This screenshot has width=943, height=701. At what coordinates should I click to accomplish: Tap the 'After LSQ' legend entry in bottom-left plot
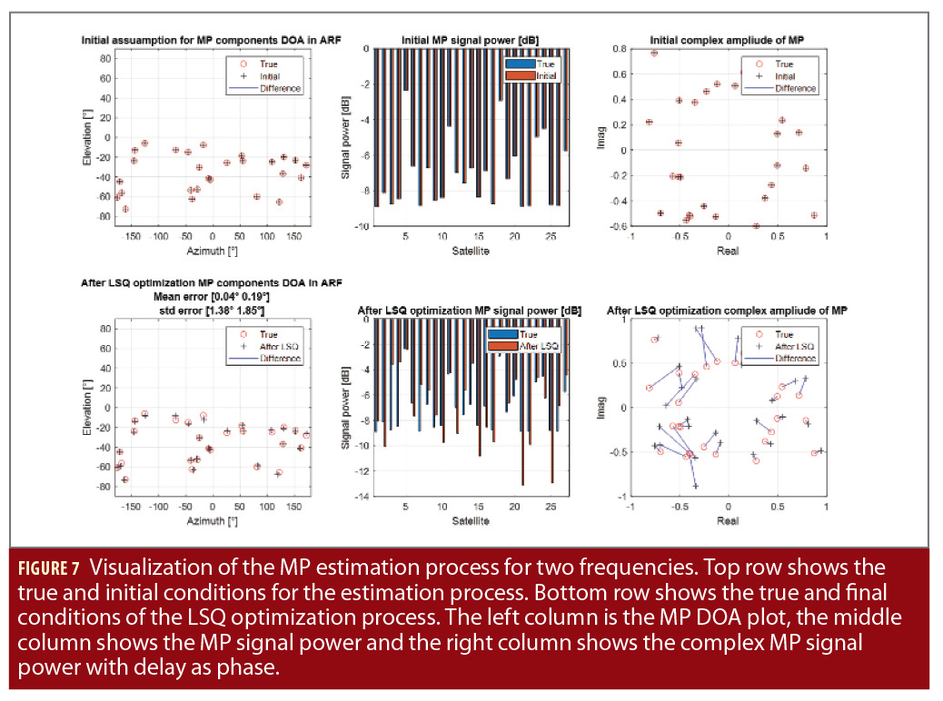tap(277, 347)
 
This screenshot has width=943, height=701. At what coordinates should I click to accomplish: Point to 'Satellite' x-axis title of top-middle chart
tap(470, 251)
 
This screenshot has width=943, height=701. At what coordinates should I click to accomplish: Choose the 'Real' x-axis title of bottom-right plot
tap(728, 521)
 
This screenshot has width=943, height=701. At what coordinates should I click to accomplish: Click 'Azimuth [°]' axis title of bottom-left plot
tap(213, 521)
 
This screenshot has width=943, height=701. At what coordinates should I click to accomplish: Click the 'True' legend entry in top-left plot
tap(269, 64)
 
